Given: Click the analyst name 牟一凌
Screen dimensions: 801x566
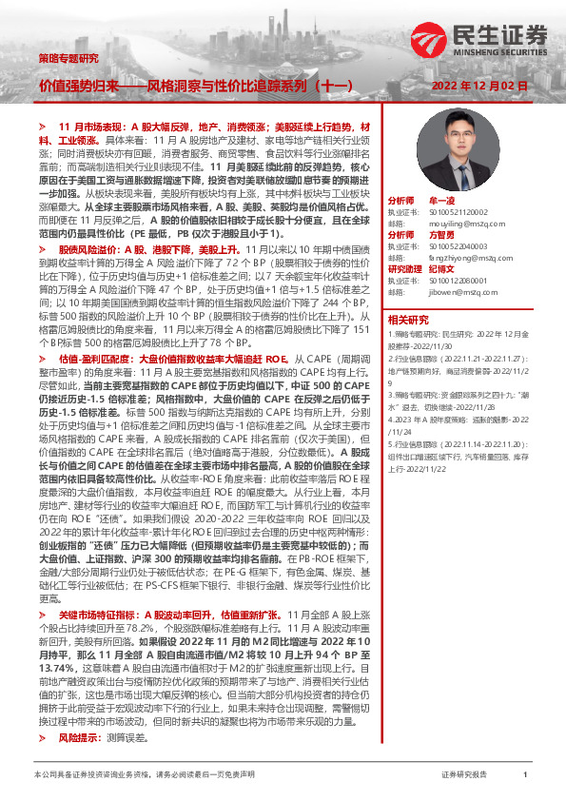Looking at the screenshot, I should pyautogui.click(x=442, y=202).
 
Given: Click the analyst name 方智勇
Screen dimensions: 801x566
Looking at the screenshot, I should pyautogui.click(x=442, y=234).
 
